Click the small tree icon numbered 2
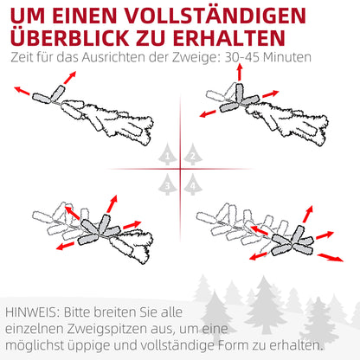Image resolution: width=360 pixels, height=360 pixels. point(192,155)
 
